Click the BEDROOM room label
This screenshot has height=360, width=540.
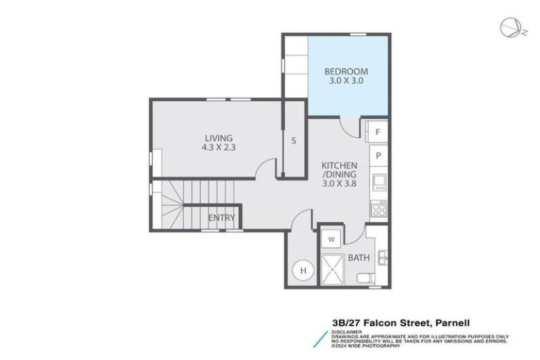(346, 71)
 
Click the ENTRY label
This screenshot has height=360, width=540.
(221, 217)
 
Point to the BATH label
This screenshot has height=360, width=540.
(358, 257)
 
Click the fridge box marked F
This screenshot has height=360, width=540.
(378, 132)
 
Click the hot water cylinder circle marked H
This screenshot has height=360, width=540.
(303, 272)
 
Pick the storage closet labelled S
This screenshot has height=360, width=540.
(294, 141)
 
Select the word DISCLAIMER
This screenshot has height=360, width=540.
(347, 332)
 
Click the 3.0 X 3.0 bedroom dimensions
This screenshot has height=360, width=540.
(346, 80)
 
